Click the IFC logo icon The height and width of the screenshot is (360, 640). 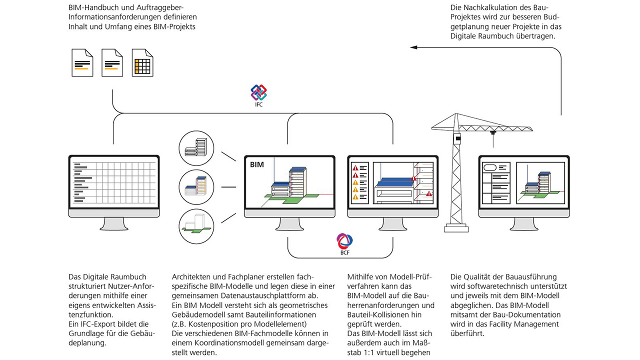click(258, 92)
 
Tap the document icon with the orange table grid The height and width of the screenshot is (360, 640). click(142, 62)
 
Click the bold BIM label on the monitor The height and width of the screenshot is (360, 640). click(256, 164)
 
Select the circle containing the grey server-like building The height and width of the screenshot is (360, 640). click(196, 148)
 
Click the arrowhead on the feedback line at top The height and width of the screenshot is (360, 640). click(413, 47)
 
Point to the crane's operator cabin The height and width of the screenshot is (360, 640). click(456, 138)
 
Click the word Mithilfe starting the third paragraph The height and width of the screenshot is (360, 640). click(362, 277)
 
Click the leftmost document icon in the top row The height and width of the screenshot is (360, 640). click(82, 62)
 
